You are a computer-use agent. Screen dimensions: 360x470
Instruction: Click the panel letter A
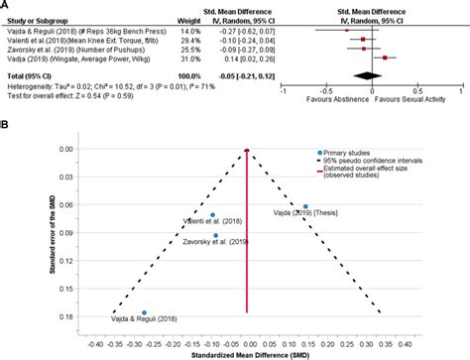(x=6, y=5)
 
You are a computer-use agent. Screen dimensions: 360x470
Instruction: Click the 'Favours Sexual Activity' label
(x=408, y=100)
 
